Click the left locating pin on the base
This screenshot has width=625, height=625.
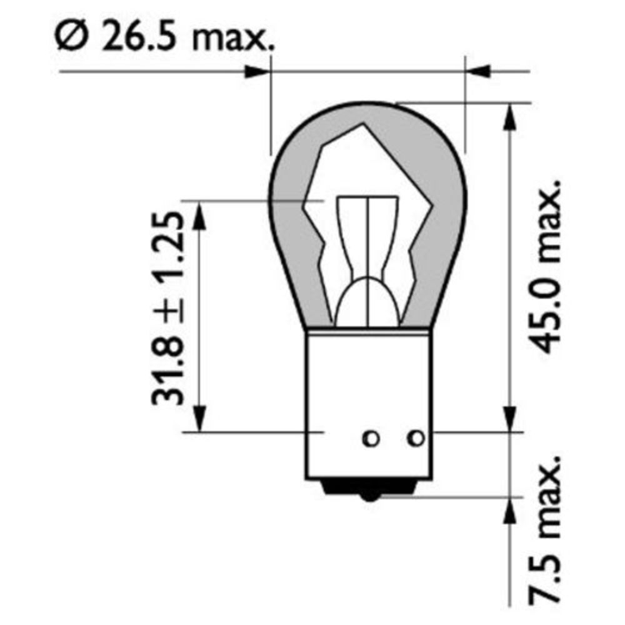[x=371, y=439]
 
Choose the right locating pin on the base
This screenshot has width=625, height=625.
[x=416, y=438]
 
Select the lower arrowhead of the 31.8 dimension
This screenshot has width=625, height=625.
[x=199, y=417]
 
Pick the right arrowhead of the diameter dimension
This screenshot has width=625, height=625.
[x=480, y=72]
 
